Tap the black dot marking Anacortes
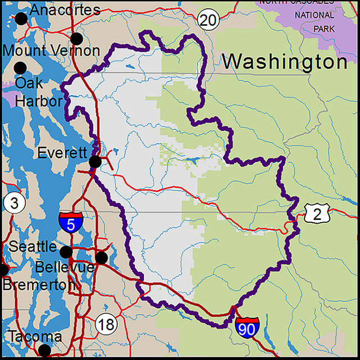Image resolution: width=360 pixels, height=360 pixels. pos(21,19)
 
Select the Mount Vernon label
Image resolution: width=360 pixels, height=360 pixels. pos(51,50)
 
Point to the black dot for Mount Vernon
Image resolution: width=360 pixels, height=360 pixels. pos(76,39)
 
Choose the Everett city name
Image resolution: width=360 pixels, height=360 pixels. pos(62,153)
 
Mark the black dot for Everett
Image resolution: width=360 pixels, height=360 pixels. pos(96,163)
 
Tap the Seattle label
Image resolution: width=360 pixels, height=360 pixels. pos(33,246)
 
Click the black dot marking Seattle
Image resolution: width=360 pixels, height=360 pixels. pos(66,251)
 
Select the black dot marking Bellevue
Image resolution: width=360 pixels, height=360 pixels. pos(101,258)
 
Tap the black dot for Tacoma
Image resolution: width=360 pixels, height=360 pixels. pos(44,350)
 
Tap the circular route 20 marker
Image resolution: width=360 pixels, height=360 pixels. pos(207,21)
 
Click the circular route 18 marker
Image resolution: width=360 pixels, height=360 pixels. pos(105,323)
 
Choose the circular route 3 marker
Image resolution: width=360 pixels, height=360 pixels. pos(13,204)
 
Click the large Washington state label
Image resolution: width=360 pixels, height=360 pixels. pos(284,62)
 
